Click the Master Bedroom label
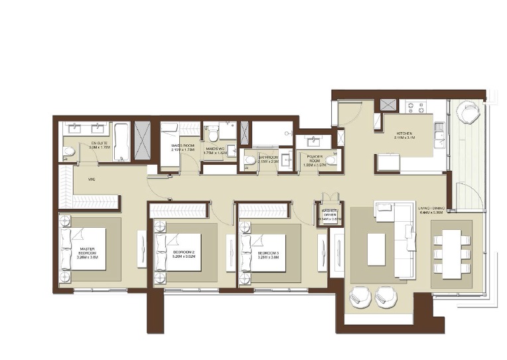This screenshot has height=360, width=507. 87,253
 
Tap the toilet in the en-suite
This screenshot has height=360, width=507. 69,151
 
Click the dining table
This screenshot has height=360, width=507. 452,252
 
